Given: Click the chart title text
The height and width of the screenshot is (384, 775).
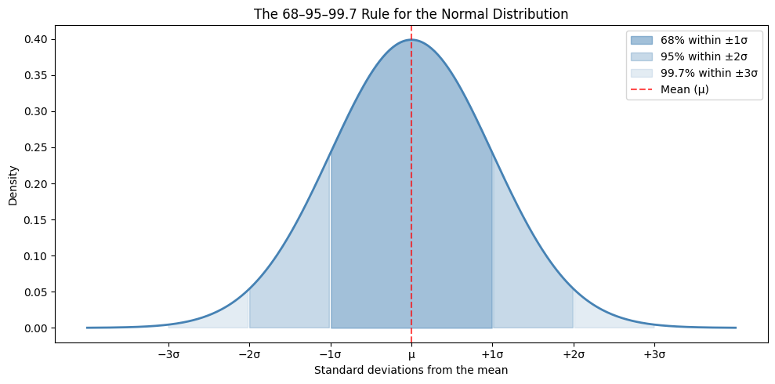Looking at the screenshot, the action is pos(411,14).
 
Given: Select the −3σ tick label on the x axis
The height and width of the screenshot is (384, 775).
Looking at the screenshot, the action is pos(168,355).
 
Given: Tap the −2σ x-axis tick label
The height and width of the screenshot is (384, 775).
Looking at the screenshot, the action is pos(249,355).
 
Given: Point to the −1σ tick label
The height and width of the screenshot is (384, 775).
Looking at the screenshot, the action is pos(330,355).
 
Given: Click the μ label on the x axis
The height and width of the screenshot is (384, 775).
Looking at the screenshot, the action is pos(411,355).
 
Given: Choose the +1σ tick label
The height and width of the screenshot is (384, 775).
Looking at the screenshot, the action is pos(492,355).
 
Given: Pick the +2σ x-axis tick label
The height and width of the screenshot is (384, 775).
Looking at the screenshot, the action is pos(574,355).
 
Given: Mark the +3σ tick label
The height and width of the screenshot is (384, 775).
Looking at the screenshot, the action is pos(654,355).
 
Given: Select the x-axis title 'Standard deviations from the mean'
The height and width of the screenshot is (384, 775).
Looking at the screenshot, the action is pos(411,370).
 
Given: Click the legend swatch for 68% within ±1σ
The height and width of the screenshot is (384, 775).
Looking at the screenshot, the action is pos(642,40).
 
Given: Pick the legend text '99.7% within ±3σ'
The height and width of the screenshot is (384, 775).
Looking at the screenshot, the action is pos(709,73).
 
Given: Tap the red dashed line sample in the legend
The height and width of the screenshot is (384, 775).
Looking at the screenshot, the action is pos(642,90).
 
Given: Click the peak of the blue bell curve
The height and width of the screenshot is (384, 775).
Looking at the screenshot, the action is pos(411,39).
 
